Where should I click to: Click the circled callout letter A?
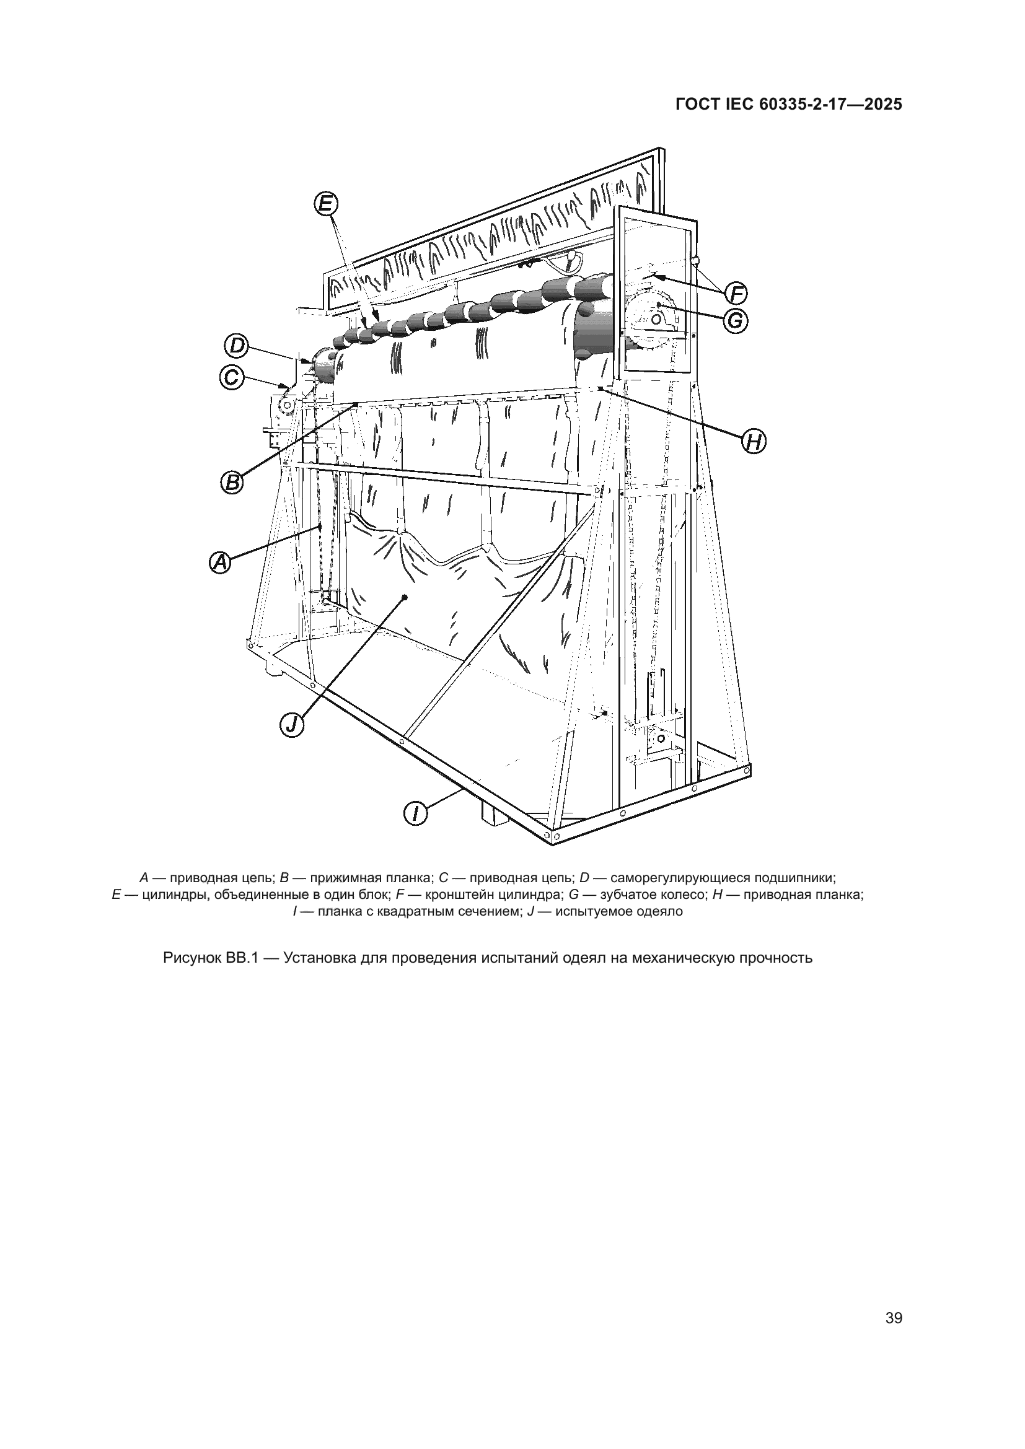220,563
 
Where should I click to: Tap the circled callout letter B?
233,483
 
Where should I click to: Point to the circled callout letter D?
237,346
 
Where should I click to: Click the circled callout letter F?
736,294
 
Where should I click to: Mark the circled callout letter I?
415,813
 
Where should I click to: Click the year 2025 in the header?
883,105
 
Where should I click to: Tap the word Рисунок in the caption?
191,958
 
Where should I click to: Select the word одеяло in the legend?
662,911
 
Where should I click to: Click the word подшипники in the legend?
799,877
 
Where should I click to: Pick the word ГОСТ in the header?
696,105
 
